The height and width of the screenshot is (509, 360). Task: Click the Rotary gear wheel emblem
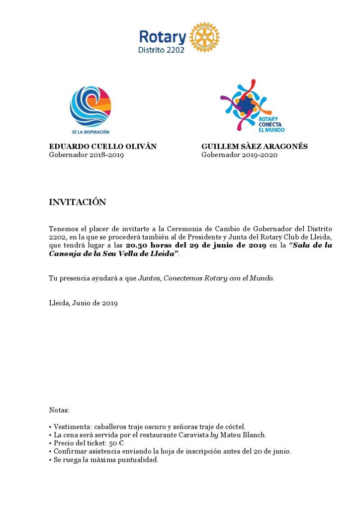tap(204, 37)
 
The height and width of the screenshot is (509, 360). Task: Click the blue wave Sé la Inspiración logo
tap(90, 107)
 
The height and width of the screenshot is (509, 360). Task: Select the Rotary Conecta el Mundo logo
tap(252, 105)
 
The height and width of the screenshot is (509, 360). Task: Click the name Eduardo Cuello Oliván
tap(103, 147)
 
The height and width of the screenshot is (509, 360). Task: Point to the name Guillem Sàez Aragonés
tap(255, 147)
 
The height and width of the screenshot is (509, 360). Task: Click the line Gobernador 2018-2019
tap(87, 155)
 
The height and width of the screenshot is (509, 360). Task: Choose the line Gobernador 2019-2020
tap(239, 155)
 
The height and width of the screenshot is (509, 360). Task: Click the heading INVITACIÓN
tap(78, 202)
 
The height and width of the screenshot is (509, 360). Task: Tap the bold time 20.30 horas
tap(148, 246)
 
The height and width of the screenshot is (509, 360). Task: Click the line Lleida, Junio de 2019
tap(83, 303)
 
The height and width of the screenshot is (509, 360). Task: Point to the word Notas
tap(59, 411)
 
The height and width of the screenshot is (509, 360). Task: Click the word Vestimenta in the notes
tap(72, 427)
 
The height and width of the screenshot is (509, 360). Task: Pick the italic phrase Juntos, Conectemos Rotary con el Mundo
tap(206, 278)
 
